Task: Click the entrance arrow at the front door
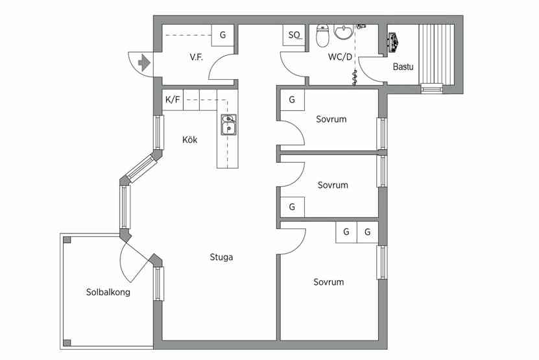coord(144,62)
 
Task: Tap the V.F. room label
coord(197,57)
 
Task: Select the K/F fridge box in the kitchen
coord(173,100)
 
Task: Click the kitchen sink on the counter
coord(228,125)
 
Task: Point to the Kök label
coord(190,139)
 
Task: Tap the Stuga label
coord(221,257)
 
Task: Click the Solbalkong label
coord(108,292)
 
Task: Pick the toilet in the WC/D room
coord(322,36)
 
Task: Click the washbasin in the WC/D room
coord(343,32)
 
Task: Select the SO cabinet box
coord(294,35)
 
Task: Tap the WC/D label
coord(340,56)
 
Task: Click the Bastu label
coord(403,66)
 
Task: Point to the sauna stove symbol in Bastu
coord(393,42)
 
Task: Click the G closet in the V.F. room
coord(222,35)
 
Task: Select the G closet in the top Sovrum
coord(292,100)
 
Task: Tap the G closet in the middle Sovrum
coord(292,207)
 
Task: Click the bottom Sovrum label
coord(329,282)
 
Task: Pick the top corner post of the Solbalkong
coord(67,239)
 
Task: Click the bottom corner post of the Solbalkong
coord(67,342)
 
